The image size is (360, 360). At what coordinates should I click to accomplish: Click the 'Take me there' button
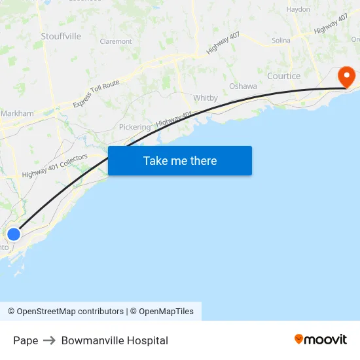180,161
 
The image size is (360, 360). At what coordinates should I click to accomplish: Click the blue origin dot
13,234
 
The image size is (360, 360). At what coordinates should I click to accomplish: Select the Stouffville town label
61,37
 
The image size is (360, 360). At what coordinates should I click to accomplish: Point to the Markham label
18,113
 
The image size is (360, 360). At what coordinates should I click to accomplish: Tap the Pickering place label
135,127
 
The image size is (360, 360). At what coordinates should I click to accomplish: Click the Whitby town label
206,98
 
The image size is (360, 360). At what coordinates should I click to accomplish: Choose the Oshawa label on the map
243,86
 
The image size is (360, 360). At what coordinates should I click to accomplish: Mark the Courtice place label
284,77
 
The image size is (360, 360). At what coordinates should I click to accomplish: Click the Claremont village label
116,41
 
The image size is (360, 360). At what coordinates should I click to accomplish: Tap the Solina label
281,41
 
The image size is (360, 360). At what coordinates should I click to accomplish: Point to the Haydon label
298,9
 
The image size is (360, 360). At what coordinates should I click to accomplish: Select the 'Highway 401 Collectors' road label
54,166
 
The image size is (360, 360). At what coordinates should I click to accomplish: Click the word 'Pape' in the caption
26,340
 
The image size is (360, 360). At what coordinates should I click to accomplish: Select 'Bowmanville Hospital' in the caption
115,340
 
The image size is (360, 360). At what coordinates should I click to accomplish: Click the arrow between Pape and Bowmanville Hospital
50,340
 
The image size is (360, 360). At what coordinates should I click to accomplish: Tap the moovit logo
321,339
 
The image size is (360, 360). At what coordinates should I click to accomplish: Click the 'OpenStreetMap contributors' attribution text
69,312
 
